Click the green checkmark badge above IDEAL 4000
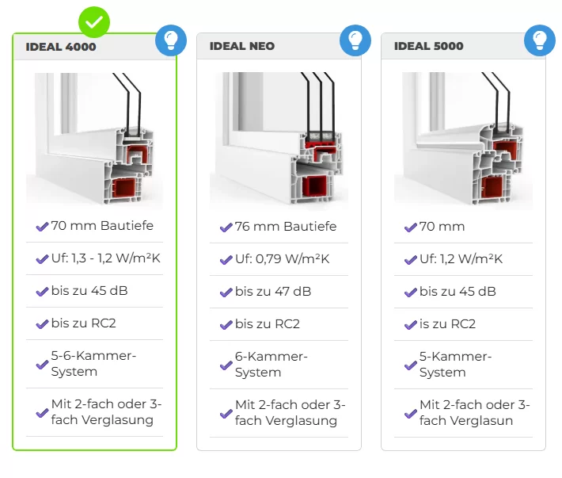(94, 22)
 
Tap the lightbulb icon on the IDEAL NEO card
(355, 40)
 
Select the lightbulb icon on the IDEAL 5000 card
(540, 40)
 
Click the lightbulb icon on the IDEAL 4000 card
(171, 40)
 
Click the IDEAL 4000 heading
(61, 47)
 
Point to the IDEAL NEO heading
(242, 46)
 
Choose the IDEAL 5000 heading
(429, 46)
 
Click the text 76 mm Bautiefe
(286, 227)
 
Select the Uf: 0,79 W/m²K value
(283, 258)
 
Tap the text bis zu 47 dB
(273, 292)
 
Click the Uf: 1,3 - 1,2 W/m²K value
(106, 258)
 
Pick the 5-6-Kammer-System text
(93, 364)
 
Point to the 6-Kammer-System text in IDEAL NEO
(272, 364)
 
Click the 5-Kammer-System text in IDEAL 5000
(456, 364)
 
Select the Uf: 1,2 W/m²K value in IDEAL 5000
(461, 258)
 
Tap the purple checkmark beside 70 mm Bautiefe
(42, 227)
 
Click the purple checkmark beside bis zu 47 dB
(226, 293)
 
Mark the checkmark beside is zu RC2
(411, 325)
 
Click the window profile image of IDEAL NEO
(279, 139)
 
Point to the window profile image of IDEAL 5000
(463, 139)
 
